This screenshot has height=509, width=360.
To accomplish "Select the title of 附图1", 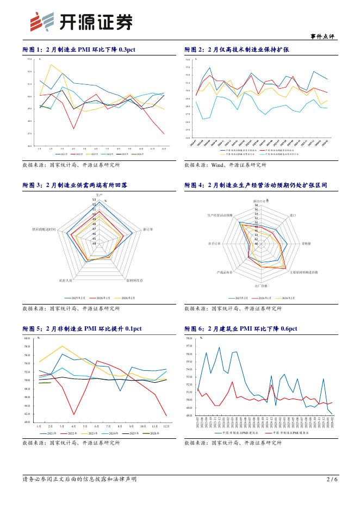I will [x=78, y=49].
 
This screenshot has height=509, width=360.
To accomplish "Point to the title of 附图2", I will [x=237, y=49].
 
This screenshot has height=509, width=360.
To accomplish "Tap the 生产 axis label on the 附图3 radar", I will [x=99, y=194].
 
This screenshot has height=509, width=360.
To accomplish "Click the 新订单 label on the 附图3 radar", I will [x=147, y=229].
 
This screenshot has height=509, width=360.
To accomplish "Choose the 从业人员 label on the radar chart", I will [x=65, y=281].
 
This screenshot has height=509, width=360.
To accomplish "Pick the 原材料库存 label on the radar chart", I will [x=134, y=281].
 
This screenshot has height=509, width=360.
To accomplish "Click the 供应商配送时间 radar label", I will [x=44, y=229].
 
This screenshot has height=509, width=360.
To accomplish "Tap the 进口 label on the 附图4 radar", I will [x=293, y=215].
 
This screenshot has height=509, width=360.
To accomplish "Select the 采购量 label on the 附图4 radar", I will [x=306, y=243].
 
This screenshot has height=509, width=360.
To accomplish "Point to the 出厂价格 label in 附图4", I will [x=260, y=285].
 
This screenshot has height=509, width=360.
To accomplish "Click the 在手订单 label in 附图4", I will [x=213, y=243].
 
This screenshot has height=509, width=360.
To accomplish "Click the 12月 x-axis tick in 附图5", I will [x=165, y=427].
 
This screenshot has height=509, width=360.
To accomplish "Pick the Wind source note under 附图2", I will [x=225, y=164].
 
